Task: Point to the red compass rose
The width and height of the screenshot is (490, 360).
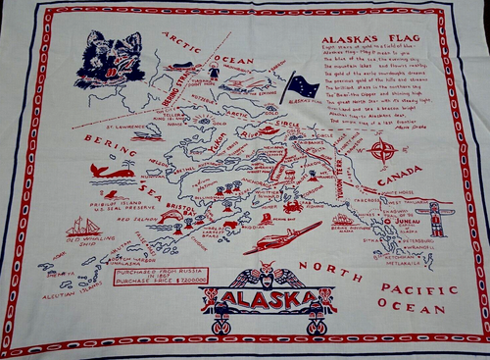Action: (384, 151)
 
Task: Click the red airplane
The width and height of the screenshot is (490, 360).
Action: (281, 236)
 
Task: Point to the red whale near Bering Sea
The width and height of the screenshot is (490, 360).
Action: (112, 171)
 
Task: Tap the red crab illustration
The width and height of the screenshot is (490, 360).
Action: (292, 207)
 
